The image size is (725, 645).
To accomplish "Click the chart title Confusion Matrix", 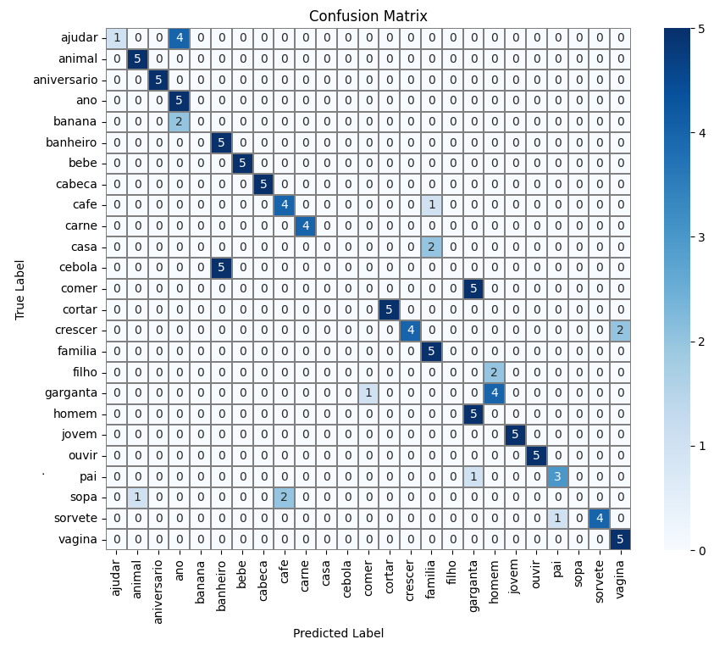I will (368, 16).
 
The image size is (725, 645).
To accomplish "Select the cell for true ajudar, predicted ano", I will (179, 38).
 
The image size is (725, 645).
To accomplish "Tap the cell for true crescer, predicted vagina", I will (621, 330).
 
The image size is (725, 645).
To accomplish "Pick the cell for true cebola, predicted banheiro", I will (220, 267).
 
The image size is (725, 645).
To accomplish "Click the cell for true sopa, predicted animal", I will (137, 497).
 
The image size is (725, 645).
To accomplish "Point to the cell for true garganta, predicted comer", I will (368, 392).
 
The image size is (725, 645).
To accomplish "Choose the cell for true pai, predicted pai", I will (557, 475).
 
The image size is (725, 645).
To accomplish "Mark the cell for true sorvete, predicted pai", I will (557, 518).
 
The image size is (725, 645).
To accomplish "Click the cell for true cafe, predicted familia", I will (431, 204).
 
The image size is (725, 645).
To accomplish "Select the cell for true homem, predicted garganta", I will (473, 414).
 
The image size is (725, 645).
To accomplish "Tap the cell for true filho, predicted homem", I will (495, 371).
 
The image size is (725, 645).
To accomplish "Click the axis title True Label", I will (20, 289).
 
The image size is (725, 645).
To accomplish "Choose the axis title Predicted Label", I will (338, 633).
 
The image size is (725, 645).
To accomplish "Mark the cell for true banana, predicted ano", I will (179, 121).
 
